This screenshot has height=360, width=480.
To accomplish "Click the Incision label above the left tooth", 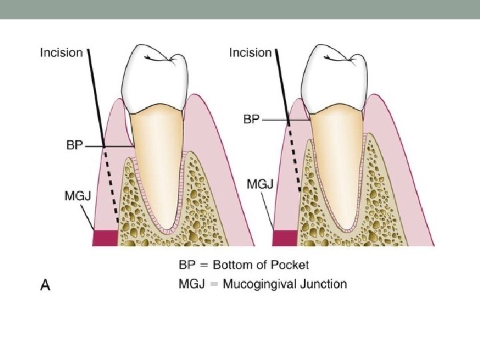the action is (61, 51).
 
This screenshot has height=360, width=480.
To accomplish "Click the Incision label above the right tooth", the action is (250, 51).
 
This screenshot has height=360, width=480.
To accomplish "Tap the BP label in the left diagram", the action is (76, 145).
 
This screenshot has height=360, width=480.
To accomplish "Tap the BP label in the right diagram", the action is (251, 121).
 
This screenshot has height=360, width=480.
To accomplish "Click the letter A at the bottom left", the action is (45, 285).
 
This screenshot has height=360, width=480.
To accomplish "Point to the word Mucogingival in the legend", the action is (255, 284).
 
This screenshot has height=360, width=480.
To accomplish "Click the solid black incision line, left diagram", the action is (96, 93).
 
